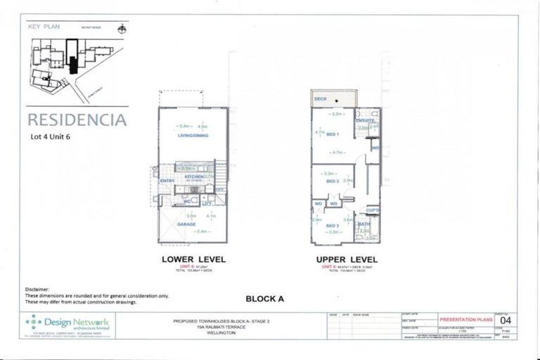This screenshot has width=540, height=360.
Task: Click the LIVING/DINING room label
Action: coord(193,136)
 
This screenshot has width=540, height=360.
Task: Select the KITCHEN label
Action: coord(194,176)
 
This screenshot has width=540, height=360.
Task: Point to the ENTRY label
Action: coord(167,181)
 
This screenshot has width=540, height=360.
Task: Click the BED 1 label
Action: coord(333,134)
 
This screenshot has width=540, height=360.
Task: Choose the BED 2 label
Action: coord(333,181)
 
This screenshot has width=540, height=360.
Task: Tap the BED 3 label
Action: coord(333,225)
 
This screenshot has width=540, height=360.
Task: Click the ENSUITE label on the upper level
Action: coord(365,120)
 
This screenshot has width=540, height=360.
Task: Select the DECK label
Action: coord(321,99)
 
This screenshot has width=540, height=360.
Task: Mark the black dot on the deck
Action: coord(336,101)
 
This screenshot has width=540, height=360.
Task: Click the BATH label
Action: coord(364,224)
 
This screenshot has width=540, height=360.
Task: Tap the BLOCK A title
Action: coord(264,298)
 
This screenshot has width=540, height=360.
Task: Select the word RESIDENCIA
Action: coord(77,119)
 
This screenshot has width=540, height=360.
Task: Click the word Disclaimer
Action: coord(39,289)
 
